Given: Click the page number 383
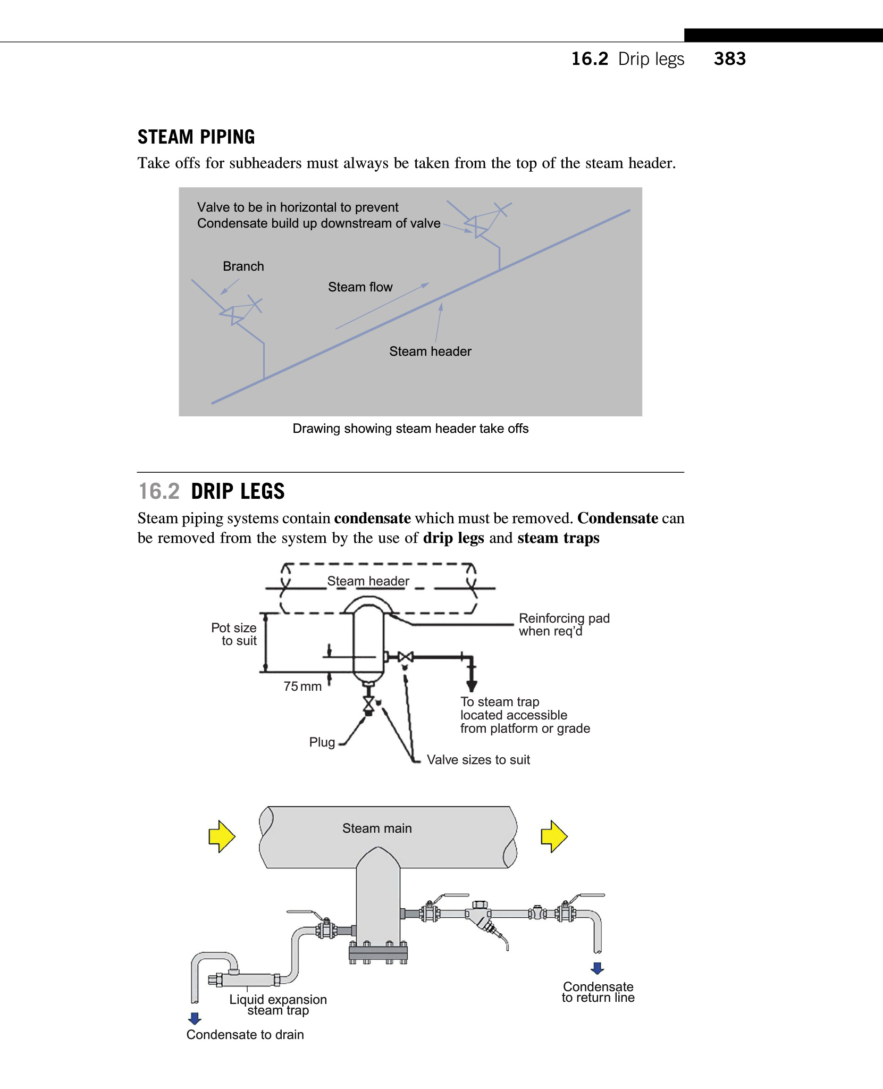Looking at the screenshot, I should coord(729,58).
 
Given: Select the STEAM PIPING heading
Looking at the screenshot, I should coord(196,137).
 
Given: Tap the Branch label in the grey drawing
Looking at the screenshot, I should coord(243,266).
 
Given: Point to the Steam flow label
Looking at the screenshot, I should coord(360,287).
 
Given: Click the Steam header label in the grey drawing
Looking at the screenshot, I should coord(430,351).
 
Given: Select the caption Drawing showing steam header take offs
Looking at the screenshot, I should coord(410,429).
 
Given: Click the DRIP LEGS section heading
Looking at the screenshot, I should coord(238,491).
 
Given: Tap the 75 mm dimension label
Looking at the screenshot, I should coord(302,686).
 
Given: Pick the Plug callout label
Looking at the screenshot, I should coord(322,742).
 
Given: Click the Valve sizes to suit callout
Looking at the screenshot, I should coord(478,760).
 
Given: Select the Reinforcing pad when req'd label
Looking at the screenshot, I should coord(564,625).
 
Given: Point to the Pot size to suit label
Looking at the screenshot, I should coord(234,634).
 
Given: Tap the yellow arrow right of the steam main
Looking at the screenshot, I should coord(554,836).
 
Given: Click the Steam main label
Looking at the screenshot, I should coord(377,828).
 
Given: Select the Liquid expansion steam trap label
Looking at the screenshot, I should coord(278,1005).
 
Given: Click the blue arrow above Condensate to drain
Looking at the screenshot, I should coord(195,1018).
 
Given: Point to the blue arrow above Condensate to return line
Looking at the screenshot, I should coord(598,968).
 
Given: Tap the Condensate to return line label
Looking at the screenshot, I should coord(598,992).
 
